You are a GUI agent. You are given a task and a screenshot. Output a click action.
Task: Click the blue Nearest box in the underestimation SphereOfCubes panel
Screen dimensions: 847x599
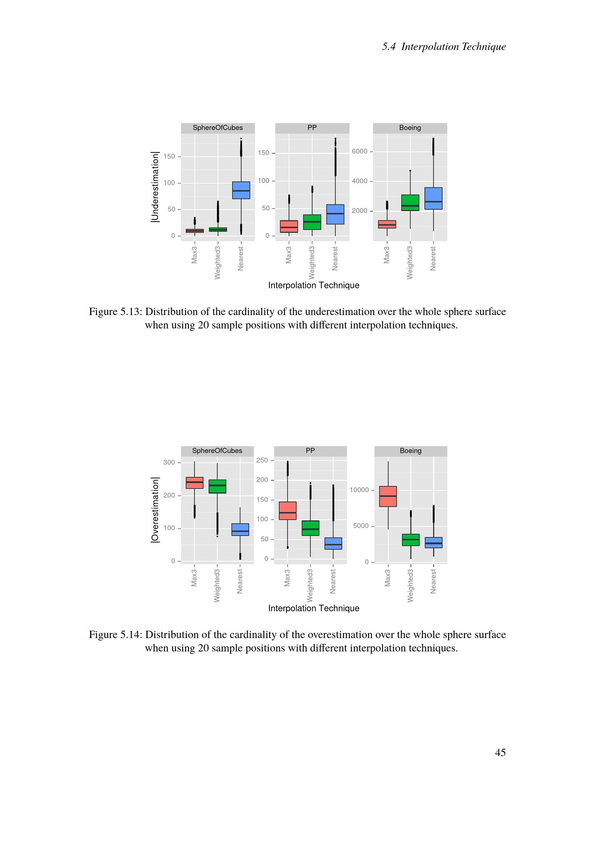tap(241, 190)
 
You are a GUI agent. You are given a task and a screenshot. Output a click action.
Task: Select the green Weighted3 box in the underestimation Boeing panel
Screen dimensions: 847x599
tap(410, 202)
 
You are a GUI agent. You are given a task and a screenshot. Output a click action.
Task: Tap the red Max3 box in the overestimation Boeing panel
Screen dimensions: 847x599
tap(388, 496)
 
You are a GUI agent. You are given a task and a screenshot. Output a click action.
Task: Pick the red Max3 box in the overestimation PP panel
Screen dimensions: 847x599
tap(287, 511)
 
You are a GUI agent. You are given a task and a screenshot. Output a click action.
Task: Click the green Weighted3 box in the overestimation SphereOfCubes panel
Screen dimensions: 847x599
tap(217, 486)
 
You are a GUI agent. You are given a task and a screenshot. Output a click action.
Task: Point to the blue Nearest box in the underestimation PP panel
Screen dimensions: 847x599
tap(335, 214)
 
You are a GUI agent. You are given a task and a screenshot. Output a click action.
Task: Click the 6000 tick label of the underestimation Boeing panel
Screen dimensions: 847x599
tap(359, 151)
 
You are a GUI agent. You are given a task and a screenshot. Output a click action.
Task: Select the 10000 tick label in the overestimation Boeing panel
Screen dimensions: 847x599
tap(359, 490)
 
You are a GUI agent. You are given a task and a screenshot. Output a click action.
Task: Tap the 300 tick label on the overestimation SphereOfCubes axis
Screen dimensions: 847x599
tap(169, 462)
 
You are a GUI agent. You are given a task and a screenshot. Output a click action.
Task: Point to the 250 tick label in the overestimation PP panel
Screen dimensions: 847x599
tap(262, 460)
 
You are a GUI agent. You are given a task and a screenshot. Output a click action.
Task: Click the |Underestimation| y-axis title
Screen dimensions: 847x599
tap(155, 186)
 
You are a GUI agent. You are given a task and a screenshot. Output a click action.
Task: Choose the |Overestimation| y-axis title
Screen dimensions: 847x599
tap(155, 510)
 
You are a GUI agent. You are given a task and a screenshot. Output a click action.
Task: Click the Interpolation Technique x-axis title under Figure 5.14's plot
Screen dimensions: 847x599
tap(314, 608)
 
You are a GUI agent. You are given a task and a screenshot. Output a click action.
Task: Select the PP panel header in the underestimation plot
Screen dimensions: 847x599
tap(312, 127)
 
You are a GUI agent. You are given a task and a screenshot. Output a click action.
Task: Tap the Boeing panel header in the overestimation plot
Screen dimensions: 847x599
tap(410, 450)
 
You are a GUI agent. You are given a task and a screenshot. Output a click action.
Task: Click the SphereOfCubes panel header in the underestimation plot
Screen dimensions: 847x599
tap(218, 127)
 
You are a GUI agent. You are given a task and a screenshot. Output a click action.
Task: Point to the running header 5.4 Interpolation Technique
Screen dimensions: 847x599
tap(443, 46)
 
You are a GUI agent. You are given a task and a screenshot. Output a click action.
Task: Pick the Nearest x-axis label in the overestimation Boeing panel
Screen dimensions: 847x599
tap(433, 582)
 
